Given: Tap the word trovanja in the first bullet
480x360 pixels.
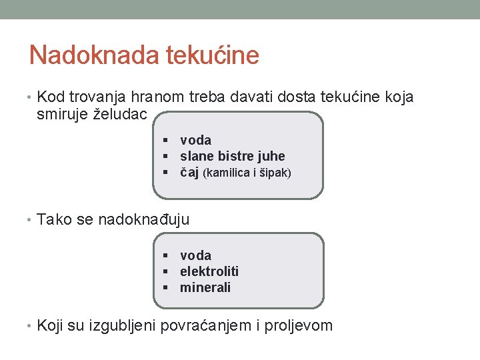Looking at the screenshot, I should coord(94,97).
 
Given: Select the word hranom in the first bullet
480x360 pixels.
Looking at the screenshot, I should coord(152,97).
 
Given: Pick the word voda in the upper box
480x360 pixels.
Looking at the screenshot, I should coord(195,140).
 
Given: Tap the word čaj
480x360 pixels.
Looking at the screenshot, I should coord(189,173).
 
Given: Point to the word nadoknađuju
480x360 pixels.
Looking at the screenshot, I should coord(143,219).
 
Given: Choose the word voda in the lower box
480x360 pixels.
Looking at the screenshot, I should coord(195,255).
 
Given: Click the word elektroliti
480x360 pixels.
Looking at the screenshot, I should coord(209,271).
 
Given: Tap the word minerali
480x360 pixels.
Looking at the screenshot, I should coord(205,287).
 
